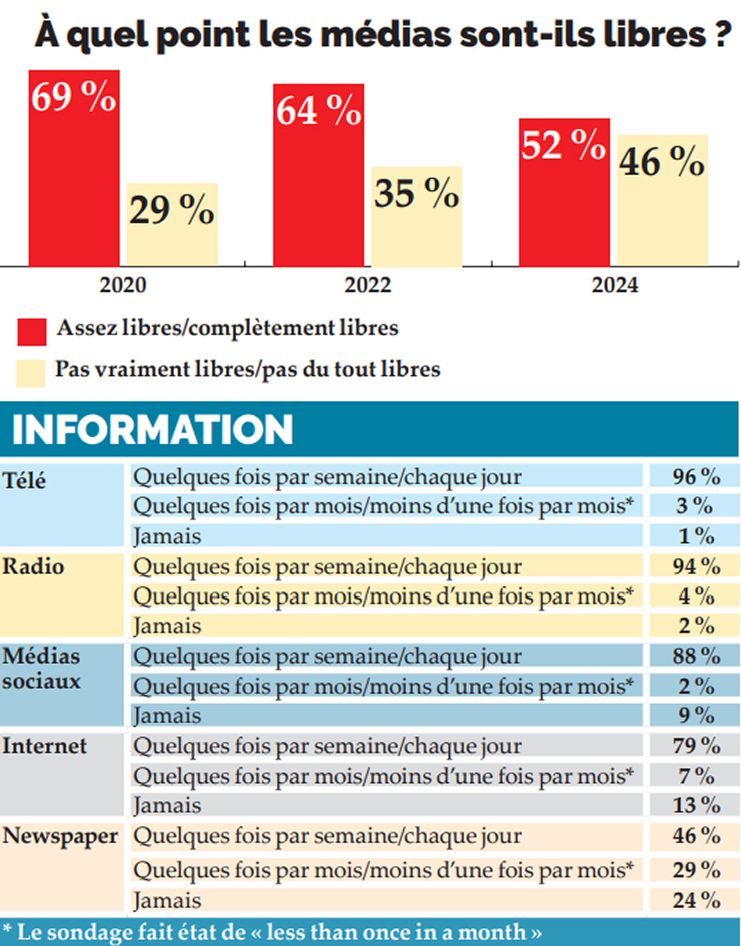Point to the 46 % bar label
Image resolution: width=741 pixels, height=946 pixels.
point(662,161)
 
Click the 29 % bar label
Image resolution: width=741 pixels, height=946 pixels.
point(171,209)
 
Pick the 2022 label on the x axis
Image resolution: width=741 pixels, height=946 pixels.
point(368,285)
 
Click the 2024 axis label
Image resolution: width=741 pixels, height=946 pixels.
point(614,285)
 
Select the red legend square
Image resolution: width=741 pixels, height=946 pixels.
point(32,332)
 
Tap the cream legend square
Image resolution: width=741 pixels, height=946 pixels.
point(31,373)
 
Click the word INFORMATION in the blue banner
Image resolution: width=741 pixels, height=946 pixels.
point(152,429)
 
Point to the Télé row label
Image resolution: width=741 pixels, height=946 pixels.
point(24,481)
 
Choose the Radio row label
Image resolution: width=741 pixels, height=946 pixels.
point(32,566)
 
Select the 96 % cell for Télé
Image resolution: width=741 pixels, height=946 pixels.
point(696,477)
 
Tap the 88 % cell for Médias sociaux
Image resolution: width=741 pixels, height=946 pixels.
point(696,656)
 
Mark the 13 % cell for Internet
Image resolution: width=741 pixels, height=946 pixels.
point(696,805)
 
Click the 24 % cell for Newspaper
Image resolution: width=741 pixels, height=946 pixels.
point(696,900)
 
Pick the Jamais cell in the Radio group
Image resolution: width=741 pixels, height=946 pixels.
point(167,626)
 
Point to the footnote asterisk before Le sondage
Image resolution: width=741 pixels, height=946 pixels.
point(7,929)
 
